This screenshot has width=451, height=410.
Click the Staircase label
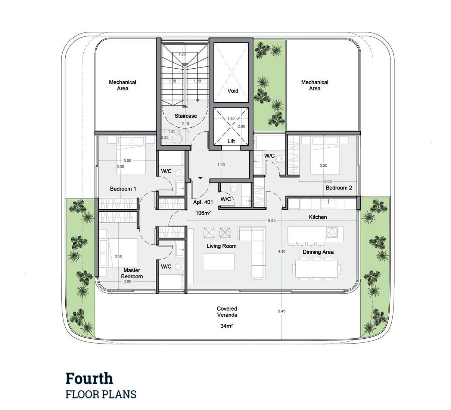tap(186, 116)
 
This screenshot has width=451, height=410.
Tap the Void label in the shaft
tap(233, 91)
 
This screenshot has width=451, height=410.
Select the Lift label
tap(231, 141)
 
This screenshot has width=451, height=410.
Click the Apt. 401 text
tap(203, 202)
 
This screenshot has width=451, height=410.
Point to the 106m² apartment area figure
tap(203, 213)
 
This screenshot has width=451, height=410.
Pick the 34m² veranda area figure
tap(227, 326)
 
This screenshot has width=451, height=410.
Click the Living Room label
tap(221, 246)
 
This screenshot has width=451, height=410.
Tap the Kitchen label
tap(318, 217)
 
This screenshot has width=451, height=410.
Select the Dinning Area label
tap(318, 252)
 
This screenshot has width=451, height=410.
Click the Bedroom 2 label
tap(339, 188)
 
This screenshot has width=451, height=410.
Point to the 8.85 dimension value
tap(271, 220)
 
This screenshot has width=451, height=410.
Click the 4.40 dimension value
tap(282, 251)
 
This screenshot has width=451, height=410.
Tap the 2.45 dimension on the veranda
tap(282, 311)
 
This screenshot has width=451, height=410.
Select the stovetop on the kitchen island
tap(332, 232)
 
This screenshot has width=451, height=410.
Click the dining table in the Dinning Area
tap(316, 269)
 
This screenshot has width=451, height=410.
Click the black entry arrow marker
tap(200, 178)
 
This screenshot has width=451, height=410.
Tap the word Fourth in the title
tap(89, 379)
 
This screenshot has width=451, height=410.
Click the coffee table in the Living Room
tap(219, 262)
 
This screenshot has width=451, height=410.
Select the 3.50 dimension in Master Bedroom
tap(118, 256)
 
